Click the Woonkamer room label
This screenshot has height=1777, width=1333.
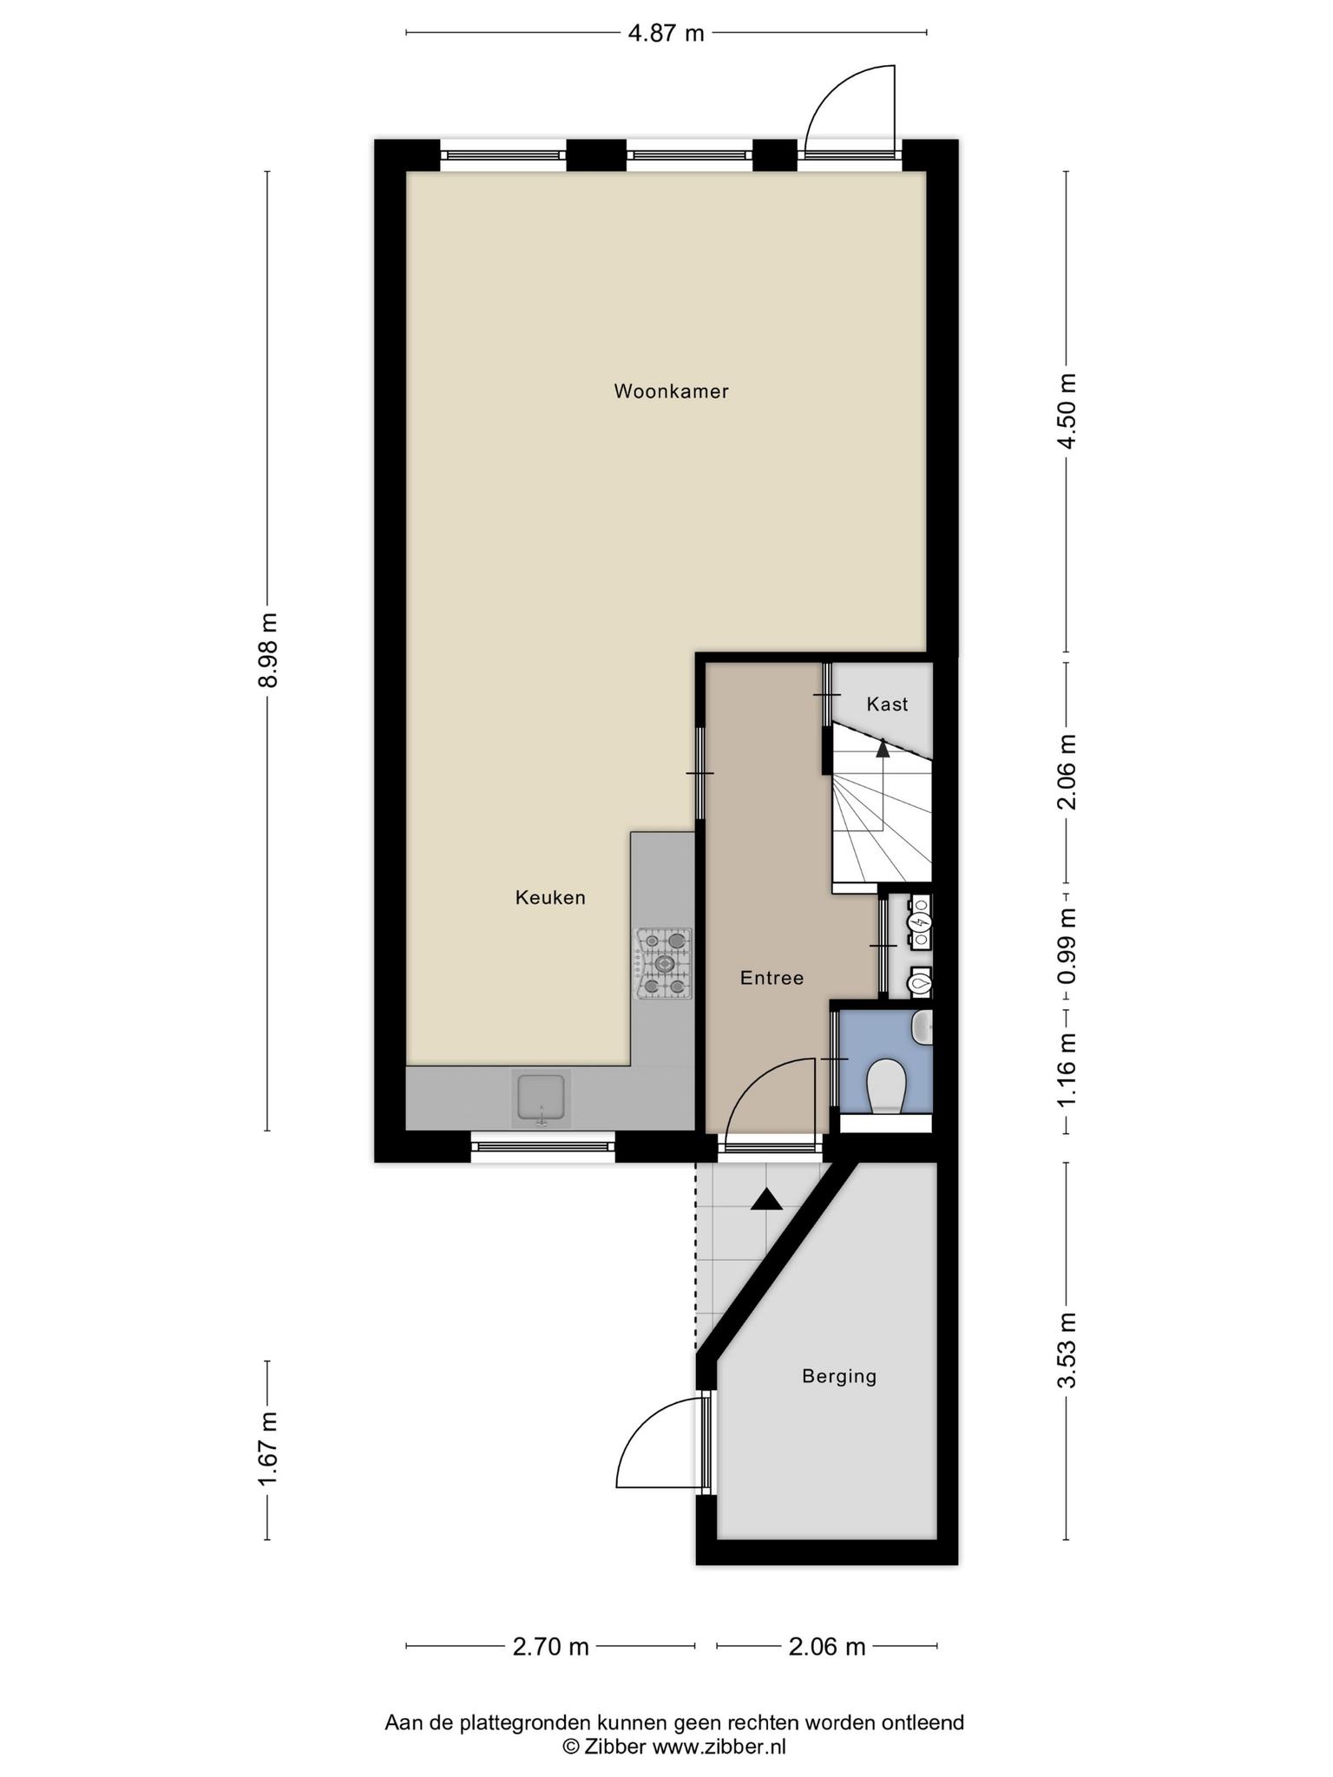[x=671, y=391]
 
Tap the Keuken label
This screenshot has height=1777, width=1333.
[x=550, y=898]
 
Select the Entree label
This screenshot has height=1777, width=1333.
[x=772, y=979]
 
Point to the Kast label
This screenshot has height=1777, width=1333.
[x=887, y=704]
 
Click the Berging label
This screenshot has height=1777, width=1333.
[x=839, y=1376]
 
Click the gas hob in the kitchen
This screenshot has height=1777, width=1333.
[x=665, y=963]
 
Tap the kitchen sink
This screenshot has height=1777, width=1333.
[x=542, y=1098]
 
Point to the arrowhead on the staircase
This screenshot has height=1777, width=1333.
[x=883, y=747]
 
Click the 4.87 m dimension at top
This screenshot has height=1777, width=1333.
[x=666, y=34]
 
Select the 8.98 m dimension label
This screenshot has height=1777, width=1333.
[x=268, y=650]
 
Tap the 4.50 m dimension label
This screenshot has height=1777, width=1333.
[x=1067, y=411]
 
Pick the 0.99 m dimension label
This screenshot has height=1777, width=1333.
[x=1067, y=947]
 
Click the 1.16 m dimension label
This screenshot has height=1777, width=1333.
[x=1067, y=1069]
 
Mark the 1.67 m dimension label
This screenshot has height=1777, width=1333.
[x=268, y=1450]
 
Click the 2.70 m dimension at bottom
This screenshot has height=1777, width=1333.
[x=551, y=1647]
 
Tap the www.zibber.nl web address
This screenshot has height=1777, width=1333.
[x=719, y=1747]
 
